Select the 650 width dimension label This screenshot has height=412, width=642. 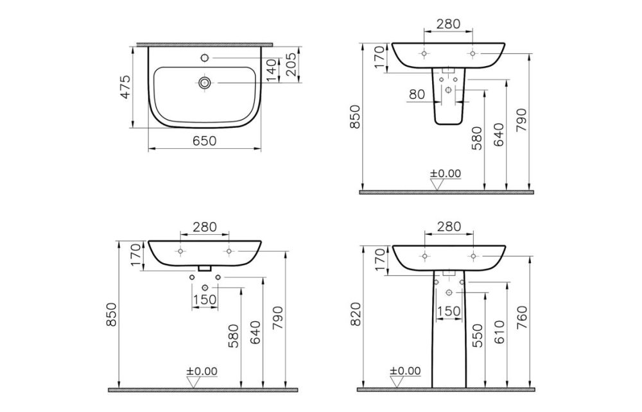205,141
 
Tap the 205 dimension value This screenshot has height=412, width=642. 291,63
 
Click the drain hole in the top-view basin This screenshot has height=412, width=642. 205,83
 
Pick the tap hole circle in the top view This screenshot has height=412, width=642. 205,58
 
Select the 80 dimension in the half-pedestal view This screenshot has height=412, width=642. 416,94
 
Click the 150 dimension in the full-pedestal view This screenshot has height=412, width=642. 448,311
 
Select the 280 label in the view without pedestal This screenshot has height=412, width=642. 204,227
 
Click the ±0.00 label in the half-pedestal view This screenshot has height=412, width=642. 446,173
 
